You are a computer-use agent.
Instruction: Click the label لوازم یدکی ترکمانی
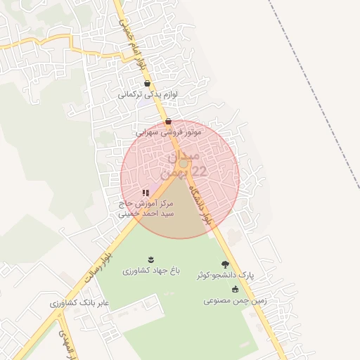click(146, 94)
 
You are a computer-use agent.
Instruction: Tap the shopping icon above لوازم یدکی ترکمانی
click(146, 83)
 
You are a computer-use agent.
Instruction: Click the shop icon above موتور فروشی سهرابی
click(168, 121)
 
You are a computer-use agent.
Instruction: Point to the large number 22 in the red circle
click(200, 171)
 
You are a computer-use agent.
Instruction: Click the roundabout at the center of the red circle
click(183, 164)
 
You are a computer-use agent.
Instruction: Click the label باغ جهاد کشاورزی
click(152, 270)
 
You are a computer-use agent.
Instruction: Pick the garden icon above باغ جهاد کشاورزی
click(152, 259)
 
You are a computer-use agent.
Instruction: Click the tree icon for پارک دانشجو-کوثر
click(225, 265)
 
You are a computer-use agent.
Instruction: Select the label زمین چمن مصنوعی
click(235, 300)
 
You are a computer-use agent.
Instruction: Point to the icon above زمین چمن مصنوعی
click(235, 290)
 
